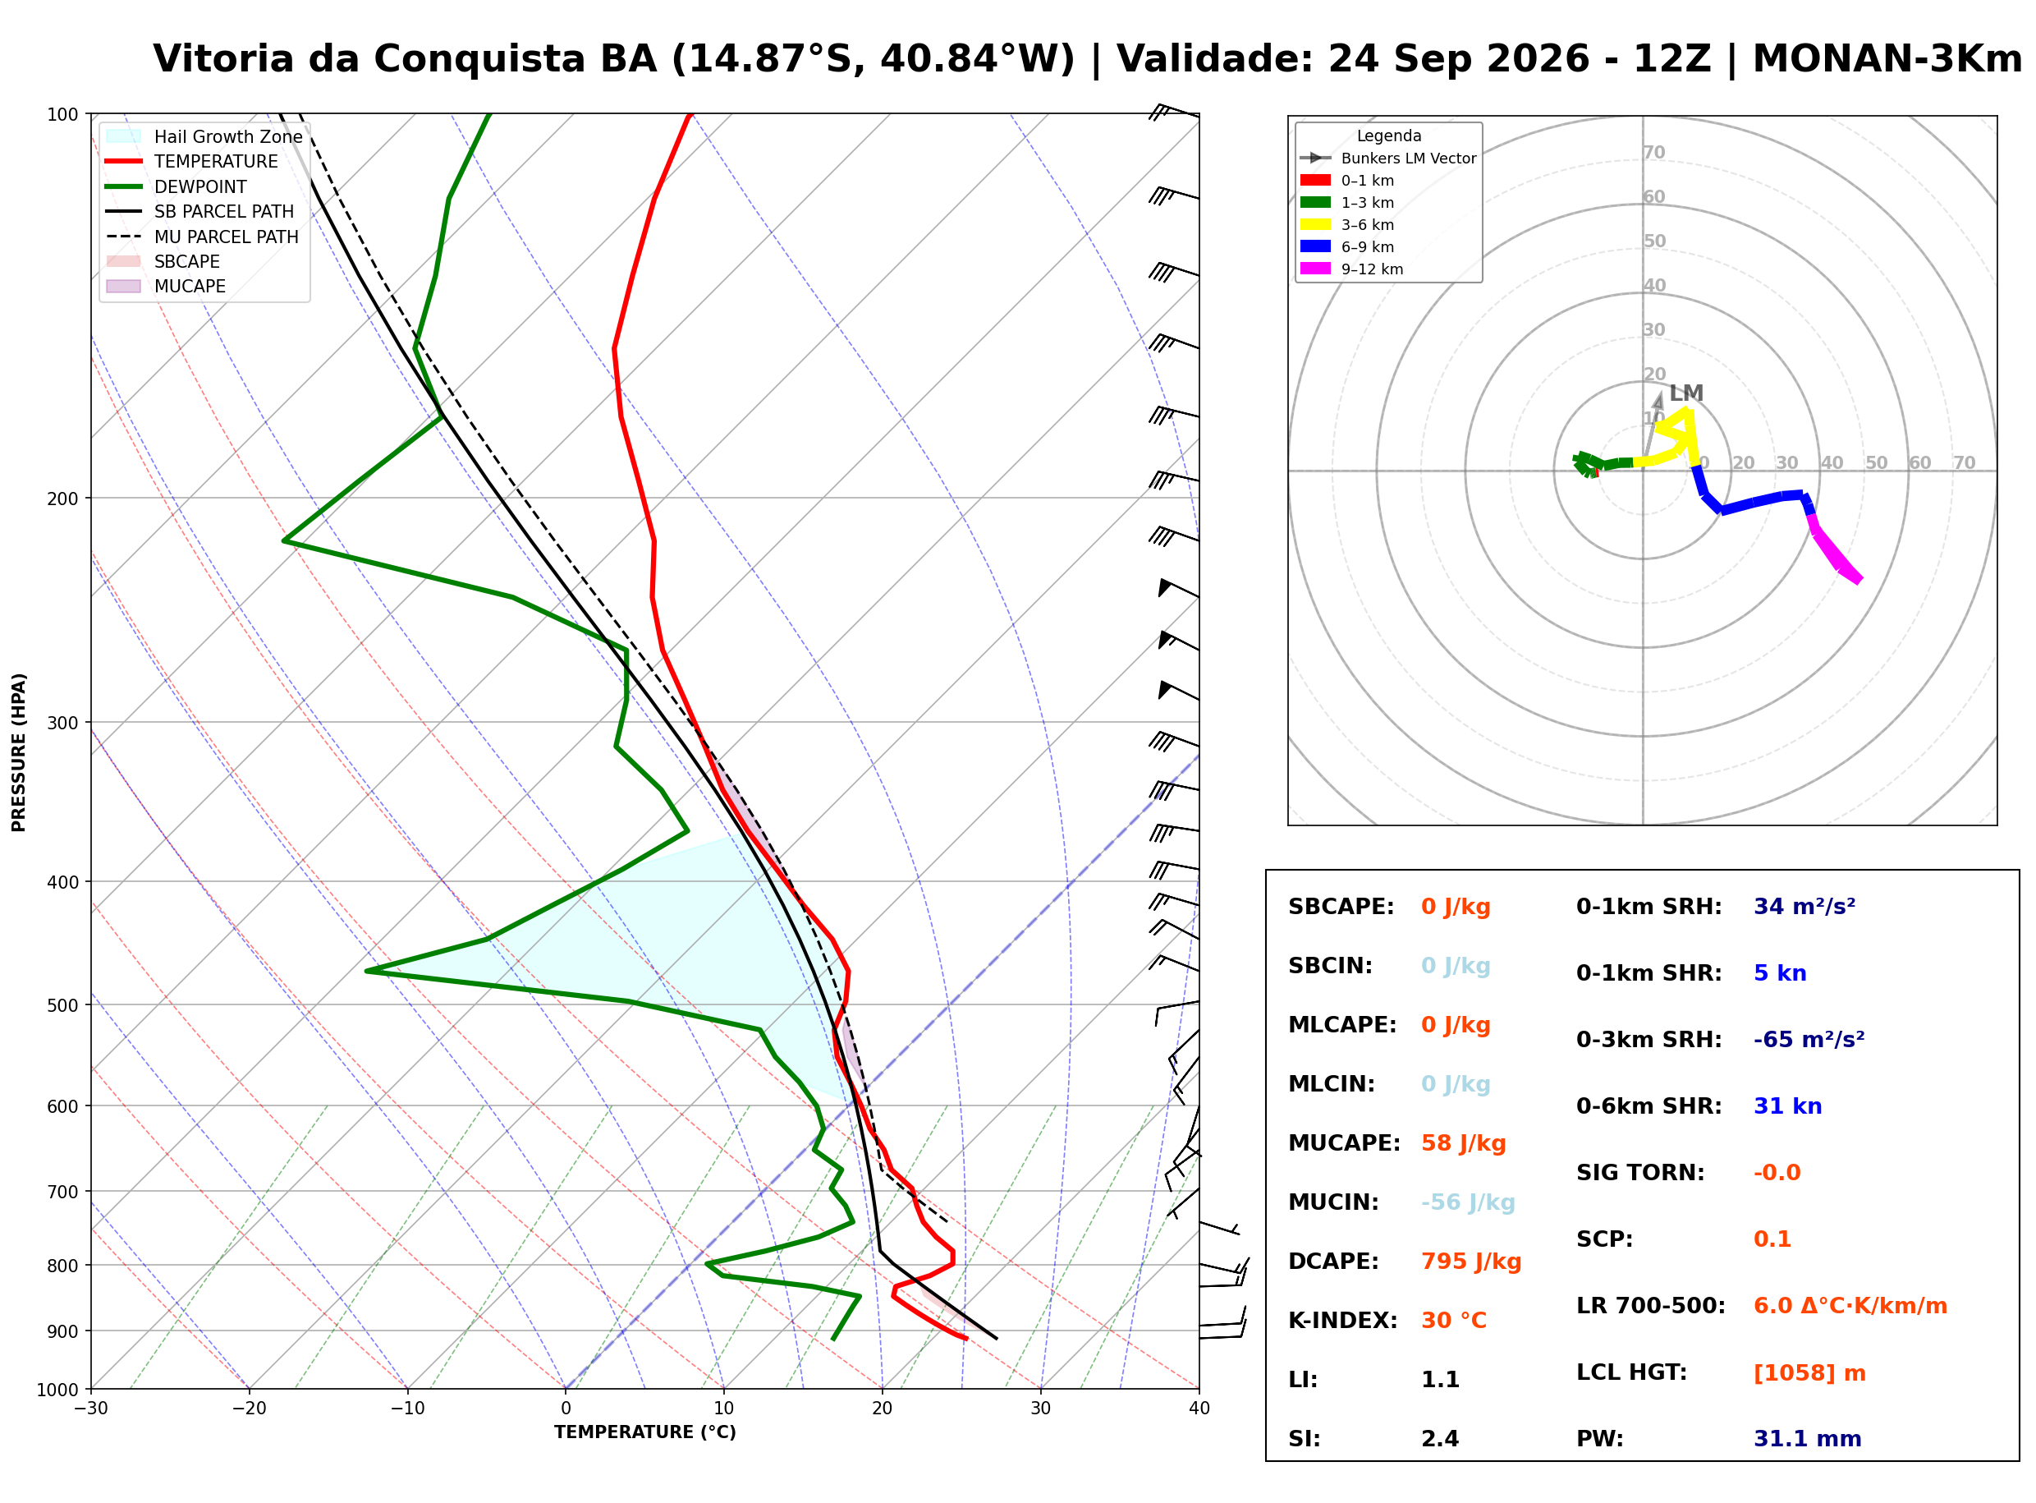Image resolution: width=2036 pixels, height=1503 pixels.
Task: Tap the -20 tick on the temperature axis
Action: pyautogui.click(x=249, y=1409)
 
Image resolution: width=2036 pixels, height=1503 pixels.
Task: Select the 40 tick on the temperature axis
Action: pyautogui.click(x=1199, y=1409)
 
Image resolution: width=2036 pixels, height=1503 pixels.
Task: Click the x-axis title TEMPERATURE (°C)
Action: pyautogui.click(x=645, y=1433)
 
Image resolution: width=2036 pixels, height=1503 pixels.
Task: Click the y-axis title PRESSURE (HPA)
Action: pyautogui.click(x=19, y=752)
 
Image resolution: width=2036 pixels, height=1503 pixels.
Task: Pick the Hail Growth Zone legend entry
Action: pyautogui.click(x=204, y=136)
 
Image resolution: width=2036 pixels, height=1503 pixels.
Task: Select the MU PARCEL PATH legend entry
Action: pyautogui.click(x=202, y=237)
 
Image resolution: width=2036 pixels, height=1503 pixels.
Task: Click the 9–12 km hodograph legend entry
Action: pyautogui.click(x=1352, y=269)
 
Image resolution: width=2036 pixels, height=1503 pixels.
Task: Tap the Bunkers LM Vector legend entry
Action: pyautogui.click(x=1388, y=159)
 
